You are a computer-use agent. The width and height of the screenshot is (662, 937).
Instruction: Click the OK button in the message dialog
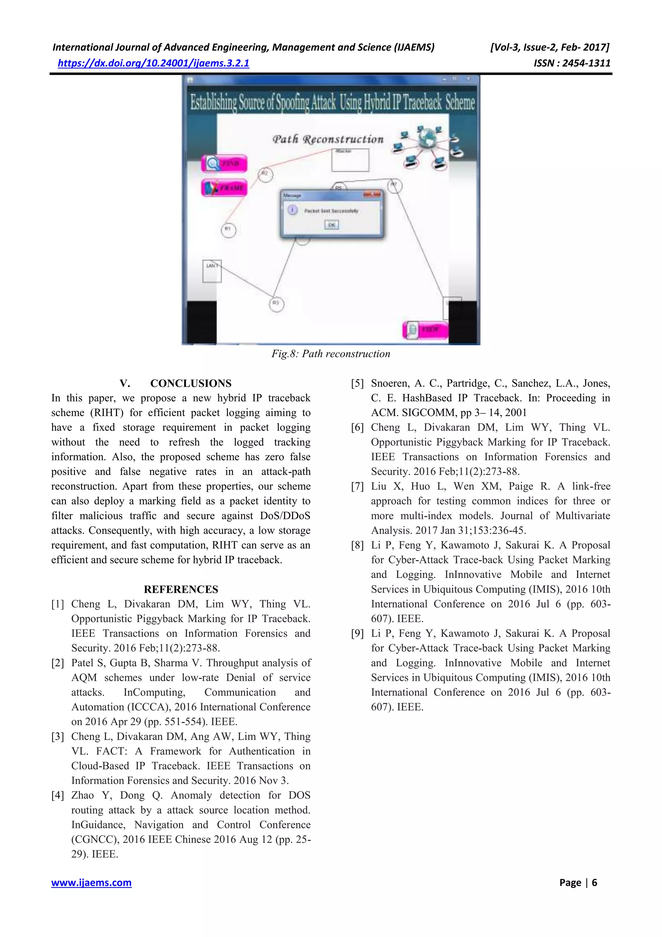pyautogui.click(x=332, y=225)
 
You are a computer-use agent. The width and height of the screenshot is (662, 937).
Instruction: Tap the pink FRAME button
pyautogui.click(x=225, y=188)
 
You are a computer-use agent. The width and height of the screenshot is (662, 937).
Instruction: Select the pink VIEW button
pyautogui.click(x=425, y=329)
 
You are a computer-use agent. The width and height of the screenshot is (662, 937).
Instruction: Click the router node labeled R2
pyautogui.click(x=265, y=174)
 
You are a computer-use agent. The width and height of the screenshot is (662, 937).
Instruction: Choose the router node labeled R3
pyautogui.click(x=276, y=304)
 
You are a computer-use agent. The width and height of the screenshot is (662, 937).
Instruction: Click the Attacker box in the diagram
pyautogui.click(x=350, y=160)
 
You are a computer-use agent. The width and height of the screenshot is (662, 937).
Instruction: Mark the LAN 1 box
pyautogui.click(x=212, y=271)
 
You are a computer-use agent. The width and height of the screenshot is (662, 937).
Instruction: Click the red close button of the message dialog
pyautogui.click(x=372, y=194)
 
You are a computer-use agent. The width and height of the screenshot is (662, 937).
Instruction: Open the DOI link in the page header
pyautogui.click(x=153, y=63)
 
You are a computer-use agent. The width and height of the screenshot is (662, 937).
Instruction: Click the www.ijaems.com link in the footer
pyautogui.click(x=91, y=883)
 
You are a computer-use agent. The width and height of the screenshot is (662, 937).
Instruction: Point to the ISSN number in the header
pyautogui.click(x=572, y=63)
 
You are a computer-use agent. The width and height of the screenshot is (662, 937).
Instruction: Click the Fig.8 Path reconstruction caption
pyautogui.click(x=331, y=354)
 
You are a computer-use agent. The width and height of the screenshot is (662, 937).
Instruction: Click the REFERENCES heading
pyautogui.click(x=181, y=589)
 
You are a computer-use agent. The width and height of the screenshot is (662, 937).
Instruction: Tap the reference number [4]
pyautogui.click(x=58, y=795)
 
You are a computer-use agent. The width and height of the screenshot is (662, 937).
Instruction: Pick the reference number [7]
pyautogui.click(x=357, y=486)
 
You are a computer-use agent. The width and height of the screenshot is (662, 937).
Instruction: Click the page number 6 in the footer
pyautogui.click(x=594, y=883)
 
